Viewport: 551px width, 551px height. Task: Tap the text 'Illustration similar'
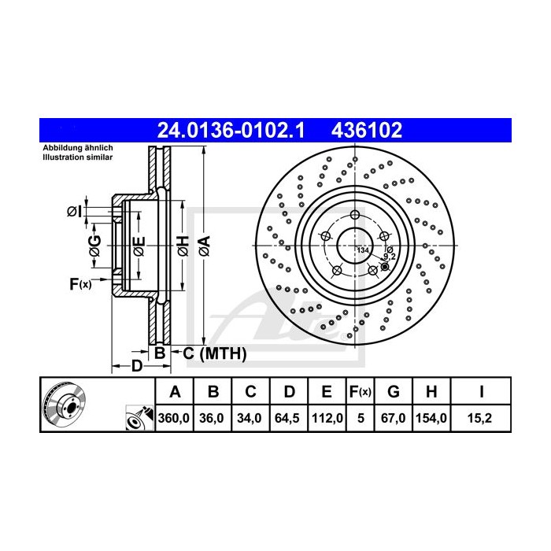pos(77,157)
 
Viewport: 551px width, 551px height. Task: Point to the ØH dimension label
pos(182,248)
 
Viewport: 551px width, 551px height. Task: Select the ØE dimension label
pos(138,248)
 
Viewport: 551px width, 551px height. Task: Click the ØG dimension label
pos(94,248)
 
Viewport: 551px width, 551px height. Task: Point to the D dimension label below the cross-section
pos(136,366)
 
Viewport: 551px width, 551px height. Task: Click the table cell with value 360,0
pos(175,418)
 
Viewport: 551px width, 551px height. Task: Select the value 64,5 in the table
pos(289,418)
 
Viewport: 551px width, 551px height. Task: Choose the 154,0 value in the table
pos(431,418)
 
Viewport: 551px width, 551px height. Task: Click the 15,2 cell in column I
pos(480,418)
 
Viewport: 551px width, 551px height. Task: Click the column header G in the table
pos(394,391)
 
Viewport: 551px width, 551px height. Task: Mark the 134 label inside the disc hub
pos(363,250)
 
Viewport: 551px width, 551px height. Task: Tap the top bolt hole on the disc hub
pos(355,216)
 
